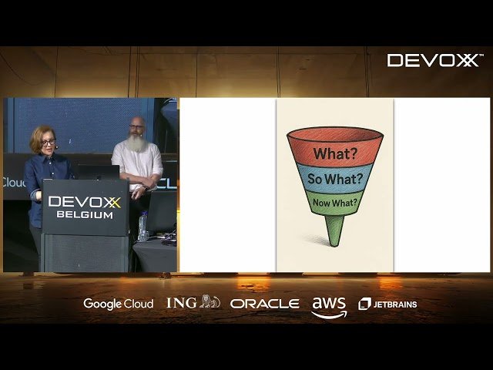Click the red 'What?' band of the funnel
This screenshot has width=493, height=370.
(335, 153)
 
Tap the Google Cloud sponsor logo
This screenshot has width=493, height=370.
(118, 304)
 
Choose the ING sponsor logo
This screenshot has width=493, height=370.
(193, 303)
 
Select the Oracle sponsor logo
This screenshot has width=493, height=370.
(264, 304)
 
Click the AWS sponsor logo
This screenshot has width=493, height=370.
(329, 306)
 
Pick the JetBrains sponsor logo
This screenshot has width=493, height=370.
(388, 304)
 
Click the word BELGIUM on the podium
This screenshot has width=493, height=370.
(85, 215)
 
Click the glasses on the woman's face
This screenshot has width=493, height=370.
(47, 143)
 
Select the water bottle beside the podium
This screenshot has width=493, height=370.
(143, 226)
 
